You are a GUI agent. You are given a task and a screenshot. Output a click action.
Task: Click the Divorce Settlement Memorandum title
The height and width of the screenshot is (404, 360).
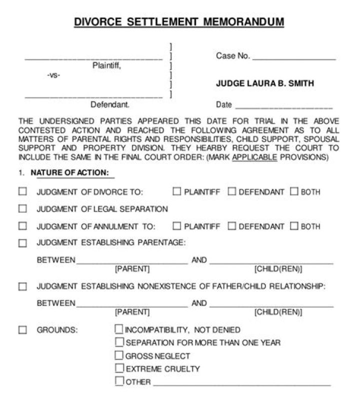point(179,22)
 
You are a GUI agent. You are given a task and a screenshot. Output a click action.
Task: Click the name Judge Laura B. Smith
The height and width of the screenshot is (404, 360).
point(265,83)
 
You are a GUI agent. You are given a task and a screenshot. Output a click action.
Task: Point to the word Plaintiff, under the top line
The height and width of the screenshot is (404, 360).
point(106,65)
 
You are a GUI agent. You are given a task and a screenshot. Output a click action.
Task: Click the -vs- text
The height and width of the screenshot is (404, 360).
point(53,75)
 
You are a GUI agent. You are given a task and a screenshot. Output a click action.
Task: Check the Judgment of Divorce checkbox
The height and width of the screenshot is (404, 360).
point(22,191)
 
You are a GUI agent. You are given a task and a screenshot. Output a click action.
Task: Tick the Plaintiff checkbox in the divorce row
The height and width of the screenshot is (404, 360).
point(177,191)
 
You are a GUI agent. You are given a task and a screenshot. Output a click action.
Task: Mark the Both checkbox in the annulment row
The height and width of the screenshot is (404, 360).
point(294,226)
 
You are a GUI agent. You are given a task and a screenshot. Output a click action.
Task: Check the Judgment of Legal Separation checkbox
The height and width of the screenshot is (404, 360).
point(22,208)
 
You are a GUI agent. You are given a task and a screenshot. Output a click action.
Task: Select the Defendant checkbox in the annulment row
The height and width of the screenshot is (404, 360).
point(231,226)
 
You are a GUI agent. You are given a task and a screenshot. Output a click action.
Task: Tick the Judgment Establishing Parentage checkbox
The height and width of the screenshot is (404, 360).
point(22,243)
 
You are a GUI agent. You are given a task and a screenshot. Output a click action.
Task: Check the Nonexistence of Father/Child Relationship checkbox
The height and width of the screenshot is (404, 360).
point(22,287)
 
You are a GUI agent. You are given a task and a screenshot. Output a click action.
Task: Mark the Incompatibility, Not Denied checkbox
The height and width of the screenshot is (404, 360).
point(119,329)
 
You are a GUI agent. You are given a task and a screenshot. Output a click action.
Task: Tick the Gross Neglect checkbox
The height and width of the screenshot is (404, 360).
point(119,355)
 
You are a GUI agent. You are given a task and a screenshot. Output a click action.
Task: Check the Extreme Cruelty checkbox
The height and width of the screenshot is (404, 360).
point(119,368)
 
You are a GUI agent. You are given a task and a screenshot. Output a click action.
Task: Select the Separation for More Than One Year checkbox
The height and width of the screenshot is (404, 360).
point(119,342)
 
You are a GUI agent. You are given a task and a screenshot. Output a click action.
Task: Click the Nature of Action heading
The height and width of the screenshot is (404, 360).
point(69,173)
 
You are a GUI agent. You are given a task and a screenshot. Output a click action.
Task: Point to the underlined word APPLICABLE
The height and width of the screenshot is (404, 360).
point(255,157)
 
